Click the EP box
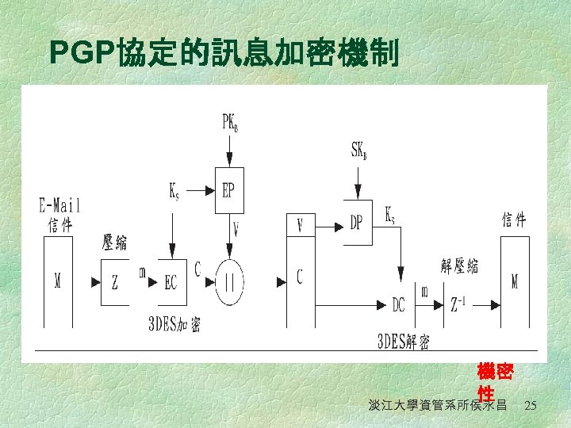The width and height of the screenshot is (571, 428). tap(229, 191)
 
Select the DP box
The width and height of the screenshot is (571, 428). tap(356, 223)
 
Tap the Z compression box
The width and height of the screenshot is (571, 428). tap(115, 282)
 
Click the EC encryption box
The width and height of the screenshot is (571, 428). tap(171, 283)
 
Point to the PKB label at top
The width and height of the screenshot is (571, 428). tap(230, 123)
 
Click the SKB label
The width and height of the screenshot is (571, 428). tap(358, 150)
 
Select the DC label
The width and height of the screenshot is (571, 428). tap(400, 304)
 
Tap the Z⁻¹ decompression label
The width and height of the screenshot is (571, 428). tap(460, 304)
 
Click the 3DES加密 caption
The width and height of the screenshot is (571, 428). tap(174, 324)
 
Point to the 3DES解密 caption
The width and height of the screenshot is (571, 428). tap(404, 342)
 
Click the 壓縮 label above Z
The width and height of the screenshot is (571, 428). tap(115, 242)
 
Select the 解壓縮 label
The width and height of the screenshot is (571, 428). tap(460, 266)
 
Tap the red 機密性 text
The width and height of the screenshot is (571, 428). tap(495, 381)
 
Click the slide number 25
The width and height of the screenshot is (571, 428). tap(531, 406)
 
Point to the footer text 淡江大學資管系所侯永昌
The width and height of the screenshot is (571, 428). tap(438, 406)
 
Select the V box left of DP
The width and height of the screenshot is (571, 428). tap(300, 225)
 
